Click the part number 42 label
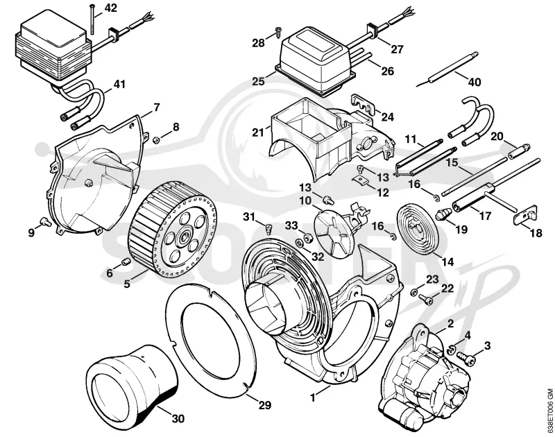click(110, 8)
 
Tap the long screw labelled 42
click(92, 19)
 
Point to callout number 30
click(178, 409)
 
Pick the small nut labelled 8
click(155, 141)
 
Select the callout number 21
click(258, 132)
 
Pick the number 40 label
click(475, 82)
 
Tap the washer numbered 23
click(413, 292)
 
